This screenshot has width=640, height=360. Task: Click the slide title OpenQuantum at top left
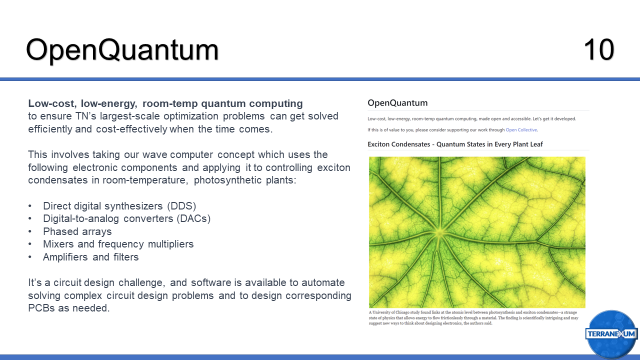[x=122, y=50]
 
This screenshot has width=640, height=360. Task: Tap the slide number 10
[x=598, y=50]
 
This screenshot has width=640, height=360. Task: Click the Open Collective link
[x=521, y=130]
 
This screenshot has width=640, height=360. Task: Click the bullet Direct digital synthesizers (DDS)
[x=119, y=206]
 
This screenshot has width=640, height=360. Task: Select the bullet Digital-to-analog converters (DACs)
[x=126, y=218]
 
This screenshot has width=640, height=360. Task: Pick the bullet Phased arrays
[x=77, y=231]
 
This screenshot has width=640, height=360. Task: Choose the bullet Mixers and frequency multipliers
[x=118, y=244]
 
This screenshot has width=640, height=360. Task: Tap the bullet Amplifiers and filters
[x=90, y=257]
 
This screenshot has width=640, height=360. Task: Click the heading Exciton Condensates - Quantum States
[x=455, y=144]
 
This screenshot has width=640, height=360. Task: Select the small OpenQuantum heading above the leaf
[x=397, y=103]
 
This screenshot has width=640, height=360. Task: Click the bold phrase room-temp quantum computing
[x=222, y=104]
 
